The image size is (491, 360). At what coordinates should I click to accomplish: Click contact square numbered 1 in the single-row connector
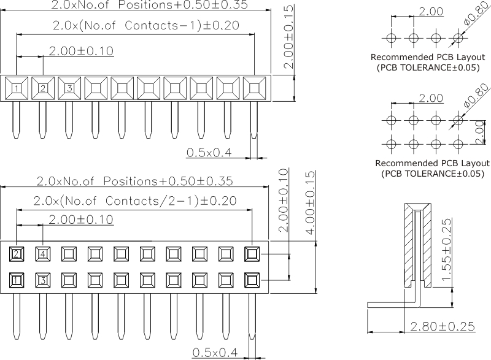(x=17, y=88)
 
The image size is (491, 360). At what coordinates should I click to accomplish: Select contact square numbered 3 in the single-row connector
(x=69, y=88)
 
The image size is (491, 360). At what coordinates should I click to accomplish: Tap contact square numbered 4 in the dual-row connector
(x=43, y=253)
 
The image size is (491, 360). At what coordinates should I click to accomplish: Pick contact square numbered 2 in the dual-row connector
(x=17, y=253)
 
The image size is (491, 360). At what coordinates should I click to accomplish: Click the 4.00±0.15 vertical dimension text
(x=310, y=202)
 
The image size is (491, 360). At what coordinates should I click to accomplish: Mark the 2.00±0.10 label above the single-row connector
(x=81, y=51)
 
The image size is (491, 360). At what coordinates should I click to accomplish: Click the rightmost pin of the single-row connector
(x=253, y=120)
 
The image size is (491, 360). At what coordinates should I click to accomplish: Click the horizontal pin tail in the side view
(x=390, y=305)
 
